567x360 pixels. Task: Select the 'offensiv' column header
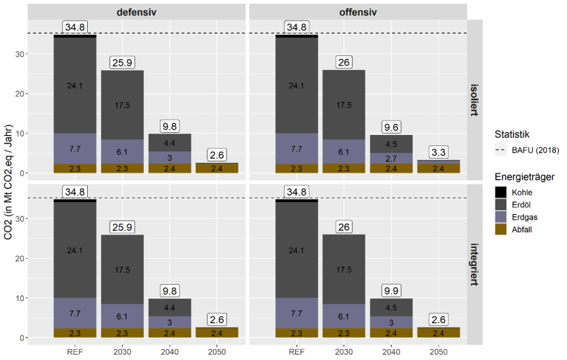coord(357,11)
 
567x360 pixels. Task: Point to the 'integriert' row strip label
coord(478,263)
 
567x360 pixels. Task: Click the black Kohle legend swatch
coord(501,190)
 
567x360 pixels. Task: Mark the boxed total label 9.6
coord(391,125)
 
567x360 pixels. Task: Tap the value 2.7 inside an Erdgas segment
coord(391,158)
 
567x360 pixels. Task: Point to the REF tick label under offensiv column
coord(296,353)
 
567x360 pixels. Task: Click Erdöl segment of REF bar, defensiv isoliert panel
coord(75,85)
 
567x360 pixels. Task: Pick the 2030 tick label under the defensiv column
coord(122,353)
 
